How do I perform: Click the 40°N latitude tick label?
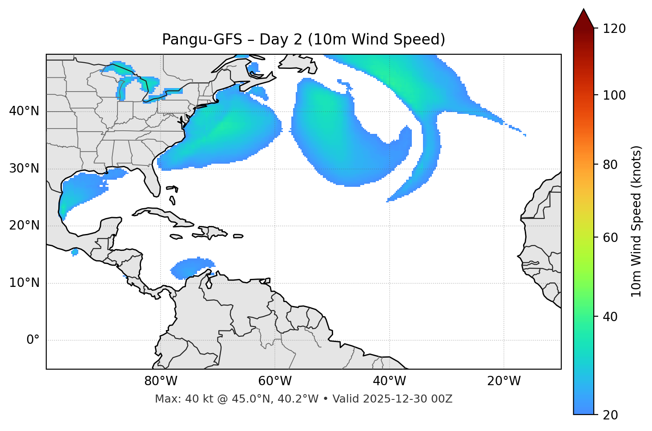24,111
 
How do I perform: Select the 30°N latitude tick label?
24,169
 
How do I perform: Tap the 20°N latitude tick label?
24,226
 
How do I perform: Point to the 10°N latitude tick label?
24,283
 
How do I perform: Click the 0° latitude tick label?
33,340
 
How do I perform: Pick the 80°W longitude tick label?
161,381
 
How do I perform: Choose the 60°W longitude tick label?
275,381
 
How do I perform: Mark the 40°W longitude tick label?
389,381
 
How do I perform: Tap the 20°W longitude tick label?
504,381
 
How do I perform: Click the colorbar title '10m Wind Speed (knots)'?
636,222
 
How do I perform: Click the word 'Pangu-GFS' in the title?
202,40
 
